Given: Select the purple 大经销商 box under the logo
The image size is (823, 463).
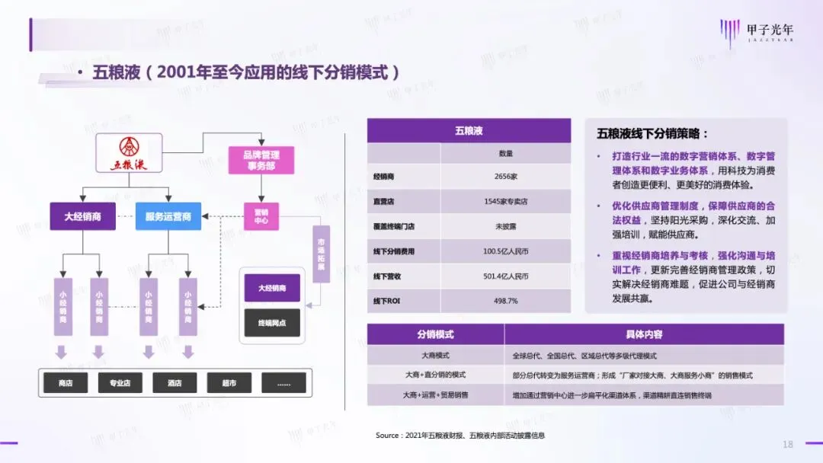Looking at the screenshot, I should coord(82,216).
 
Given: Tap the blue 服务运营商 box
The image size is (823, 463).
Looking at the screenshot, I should coord(168,216).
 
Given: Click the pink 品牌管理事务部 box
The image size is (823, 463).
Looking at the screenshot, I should coord(260,160).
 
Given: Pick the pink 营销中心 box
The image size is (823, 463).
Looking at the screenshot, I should coord(261,216).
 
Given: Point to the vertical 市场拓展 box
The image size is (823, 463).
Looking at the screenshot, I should coord(321,254).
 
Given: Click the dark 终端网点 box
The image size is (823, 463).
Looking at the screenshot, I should coord(272,323).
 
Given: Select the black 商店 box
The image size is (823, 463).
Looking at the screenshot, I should coord(66,383).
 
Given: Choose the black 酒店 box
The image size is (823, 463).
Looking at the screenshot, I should coord(175,383).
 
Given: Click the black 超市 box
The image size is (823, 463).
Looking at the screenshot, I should coord(229,383).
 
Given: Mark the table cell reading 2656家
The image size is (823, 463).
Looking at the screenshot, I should coord(506,177).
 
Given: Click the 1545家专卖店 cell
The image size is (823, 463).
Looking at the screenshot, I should coord(506,202).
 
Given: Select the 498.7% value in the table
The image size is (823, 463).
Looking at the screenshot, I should coord(506,301).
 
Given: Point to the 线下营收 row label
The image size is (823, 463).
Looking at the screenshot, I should coord(389,276).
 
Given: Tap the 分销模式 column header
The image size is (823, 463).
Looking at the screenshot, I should coord(435,334).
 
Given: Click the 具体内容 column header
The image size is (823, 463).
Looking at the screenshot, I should coord(644,334).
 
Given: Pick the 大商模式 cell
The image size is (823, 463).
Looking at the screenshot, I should coord(435,356).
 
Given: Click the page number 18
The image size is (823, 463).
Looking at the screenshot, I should coord(788,444).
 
